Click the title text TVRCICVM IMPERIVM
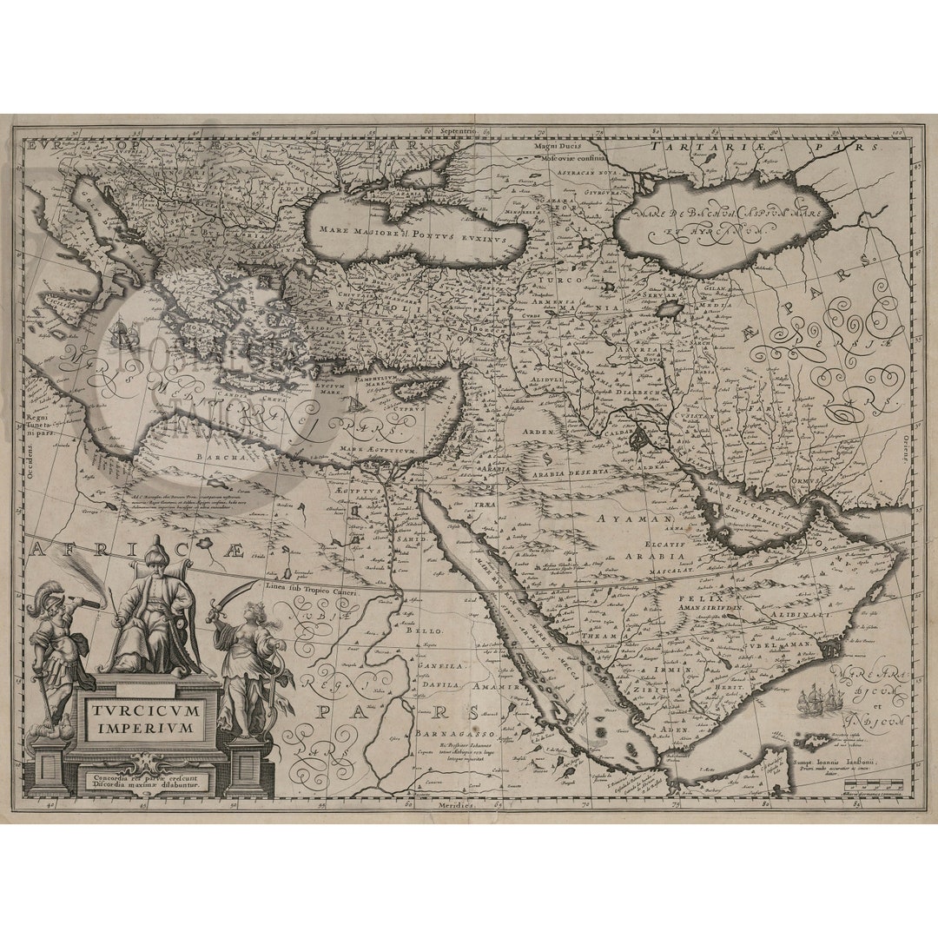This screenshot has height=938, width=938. pos(145,718)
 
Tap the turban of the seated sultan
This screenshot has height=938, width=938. pos(155,552)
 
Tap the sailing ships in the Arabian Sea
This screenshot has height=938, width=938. pos(821,699)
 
